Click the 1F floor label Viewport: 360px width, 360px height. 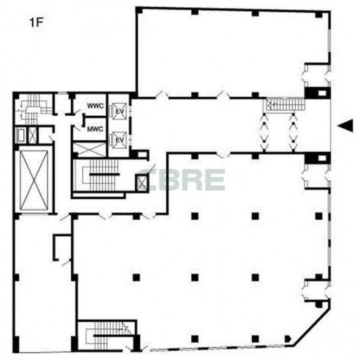click(x=37, y=22)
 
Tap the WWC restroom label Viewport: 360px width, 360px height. click(x=95, y=106)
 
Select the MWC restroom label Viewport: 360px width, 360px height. click(x=95, y=129)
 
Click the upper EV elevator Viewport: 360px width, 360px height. click(x=119, y=111)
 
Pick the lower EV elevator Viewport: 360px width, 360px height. click(x=119, y=140)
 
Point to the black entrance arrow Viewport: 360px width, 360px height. click(x=345, y=126)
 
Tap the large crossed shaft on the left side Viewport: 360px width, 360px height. click(x=34, y=181)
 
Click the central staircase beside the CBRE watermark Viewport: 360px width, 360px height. click(x=101, y=175)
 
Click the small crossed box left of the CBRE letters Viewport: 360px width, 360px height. click(x=141, y=183)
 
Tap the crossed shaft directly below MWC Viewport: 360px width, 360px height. click(x=89, y=150)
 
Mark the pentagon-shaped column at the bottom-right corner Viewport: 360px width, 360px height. click(x=288, y=339)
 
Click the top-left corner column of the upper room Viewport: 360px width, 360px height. click(x=140, y=11)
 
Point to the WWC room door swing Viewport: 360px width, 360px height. click(x=77, y=112)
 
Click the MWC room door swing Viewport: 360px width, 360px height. click(x=76, y=128)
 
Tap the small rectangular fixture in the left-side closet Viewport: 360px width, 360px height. click(x=21, y=136)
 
